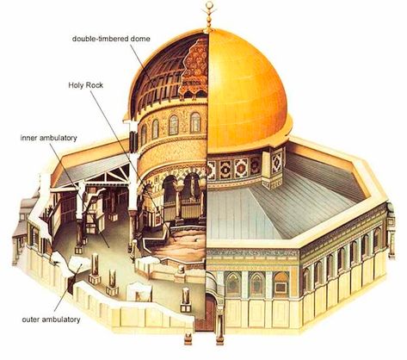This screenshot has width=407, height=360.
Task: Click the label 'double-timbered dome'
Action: [x=111, y=39]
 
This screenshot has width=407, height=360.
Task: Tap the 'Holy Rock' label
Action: [x=85, y=85]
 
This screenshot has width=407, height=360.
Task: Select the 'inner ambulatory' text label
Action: [x=49, y=138]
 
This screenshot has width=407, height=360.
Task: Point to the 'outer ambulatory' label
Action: [x=51, y=320]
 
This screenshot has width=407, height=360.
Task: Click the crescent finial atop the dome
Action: [x=209, y=5]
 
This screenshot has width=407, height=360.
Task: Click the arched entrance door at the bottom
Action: [x=209, y=313]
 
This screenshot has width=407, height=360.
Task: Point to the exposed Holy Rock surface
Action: [x=183, y=244]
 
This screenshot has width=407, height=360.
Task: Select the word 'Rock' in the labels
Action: [x=94, y=85]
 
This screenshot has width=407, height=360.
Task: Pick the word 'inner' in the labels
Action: [x=28, y=138]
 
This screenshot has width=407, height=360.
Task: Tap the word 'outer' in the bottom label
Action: [x=30, y=320]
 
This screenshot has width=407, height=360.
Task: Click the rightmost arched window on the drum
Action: [x=195, y=122]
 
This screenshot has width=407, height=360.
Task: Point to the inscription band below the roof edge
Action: [x=252, y=253]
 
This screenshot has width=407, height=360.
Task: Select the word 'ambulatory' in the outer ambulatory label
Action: [x=60, y=320]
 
